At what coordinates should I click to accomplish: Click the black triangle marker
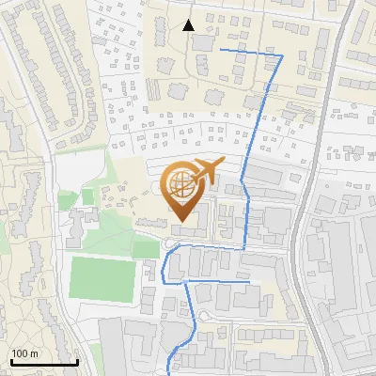tap(189, 25)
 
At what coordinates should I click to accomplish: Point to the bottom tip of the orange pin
tap(181, 222)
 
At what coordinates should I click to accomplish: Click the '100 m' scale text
tap(24, 352)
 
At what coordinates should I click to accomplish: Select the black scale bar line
tap(43, 362)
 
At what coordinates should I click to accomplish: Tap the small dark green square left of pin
tap(87, 196)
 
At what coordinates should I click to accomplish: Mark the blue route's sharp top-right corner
tap(282, 56)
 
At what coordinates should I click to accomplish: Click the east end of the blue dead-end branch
tap(250, 280)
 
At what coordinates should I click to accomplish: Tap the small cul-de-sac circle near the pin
tap(170, 244)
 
